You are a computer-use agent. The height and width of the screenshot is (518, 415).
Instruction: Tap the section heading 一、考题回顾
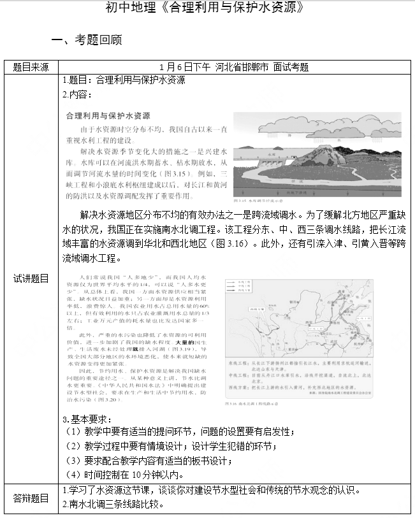pyautogui.click(x=86, y=40)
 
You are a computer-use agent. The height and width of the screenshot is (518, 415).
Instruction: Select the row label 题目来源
pyautogui.click(x=31, y=67)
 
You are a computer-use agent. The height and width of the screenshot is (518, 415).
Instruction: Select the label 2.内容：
pyautogui.click(x=77, y=94)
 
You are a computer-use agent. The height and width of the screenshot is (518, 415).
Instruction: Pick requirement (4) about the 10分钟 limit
pyautogui.click(x=124, y=475)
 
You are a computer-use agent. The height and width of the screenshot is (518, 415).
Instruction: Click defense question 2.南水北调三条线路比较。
pyautogui.click(x=112, y=505)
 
